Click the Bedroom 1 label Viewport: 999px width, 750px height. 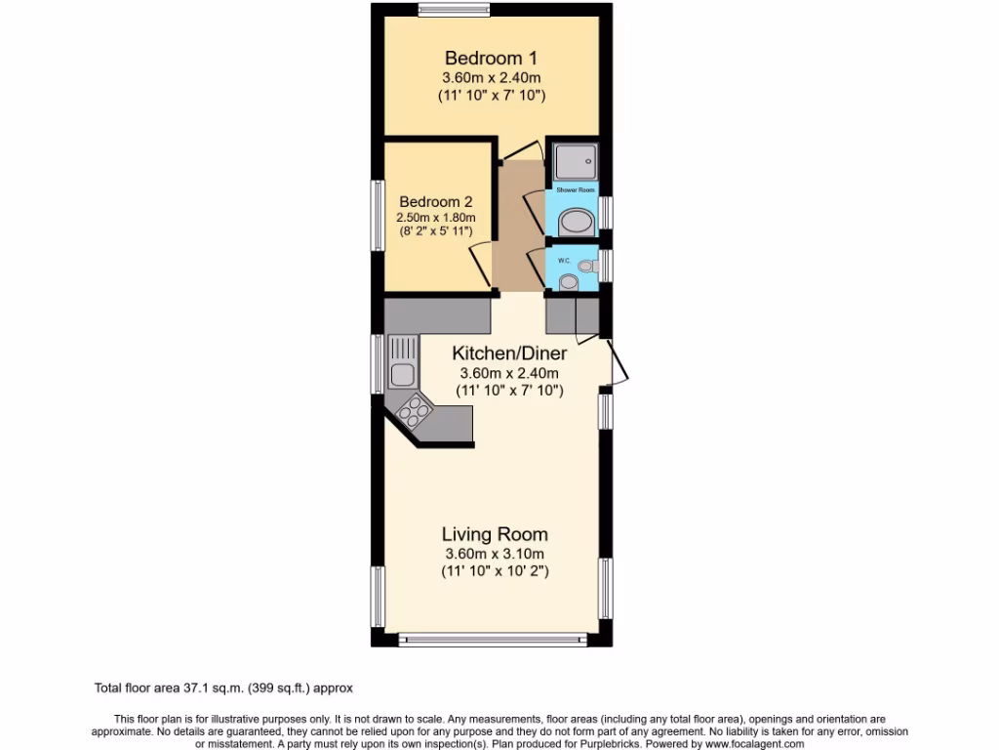tap(490, 57)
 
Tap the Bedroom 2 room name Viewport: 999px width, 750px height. tap(434, 201)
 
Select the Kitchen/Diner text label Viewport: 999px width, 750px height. tap(508, 353)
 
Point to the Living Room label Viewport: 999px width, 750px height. tap(495, 534)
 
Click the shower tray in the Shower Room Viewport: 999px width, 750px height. tap(574, 160)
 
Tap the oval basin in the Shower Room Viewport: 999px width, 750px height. tap(576, 222)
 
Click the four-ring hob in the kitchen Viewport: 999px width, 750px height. tap(414, 411)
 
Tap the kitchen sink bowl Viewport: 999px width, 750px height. tap(400, 372)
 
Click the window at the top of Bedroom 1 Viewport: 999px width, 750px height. tap(455, 11)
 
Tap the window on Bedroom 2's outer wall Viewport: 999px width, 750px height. tap(377, 216)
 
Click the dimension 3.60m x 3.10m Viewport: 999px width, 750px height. tap(494, 555)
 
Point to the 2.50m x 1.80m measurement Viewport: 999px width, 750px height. tap(435, 217)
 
